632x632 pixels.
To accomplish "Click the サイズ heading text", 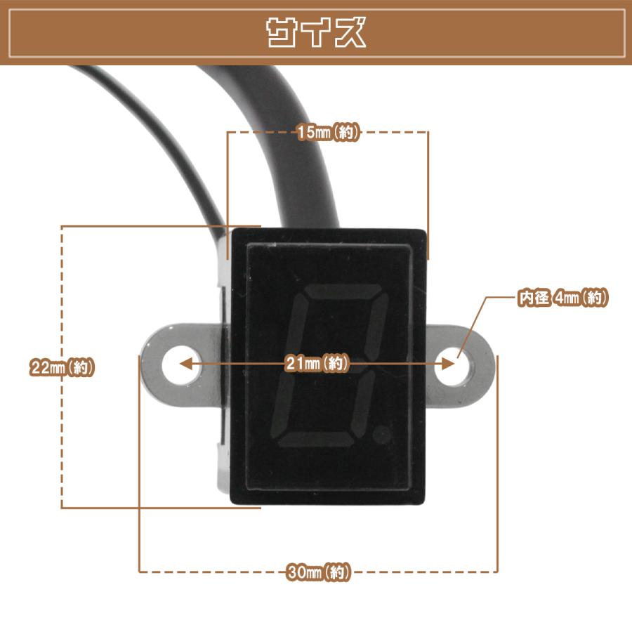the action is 317,32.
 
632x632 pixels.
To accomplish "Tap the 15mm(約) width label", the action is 328,132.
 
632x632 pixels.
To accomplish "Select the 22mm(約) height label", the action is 62,367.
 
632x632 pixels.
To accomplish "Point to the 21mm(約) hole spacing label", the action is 317,363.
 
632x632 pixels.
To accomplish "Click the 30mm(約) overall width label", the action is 318,572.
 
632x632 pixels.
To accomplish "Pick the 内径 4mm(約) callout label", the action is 562,298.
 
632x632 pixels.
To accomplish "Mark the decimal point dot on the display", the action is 382,435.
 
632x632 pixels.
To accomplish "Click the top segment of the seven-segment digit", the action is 344,291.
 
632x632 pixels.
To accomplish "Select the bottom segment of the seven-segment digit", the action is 317,440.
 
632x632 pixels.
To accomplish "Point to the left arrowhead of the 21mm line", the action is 186,364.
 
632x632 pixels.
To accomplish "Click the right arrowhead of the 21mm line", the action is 448,364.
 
